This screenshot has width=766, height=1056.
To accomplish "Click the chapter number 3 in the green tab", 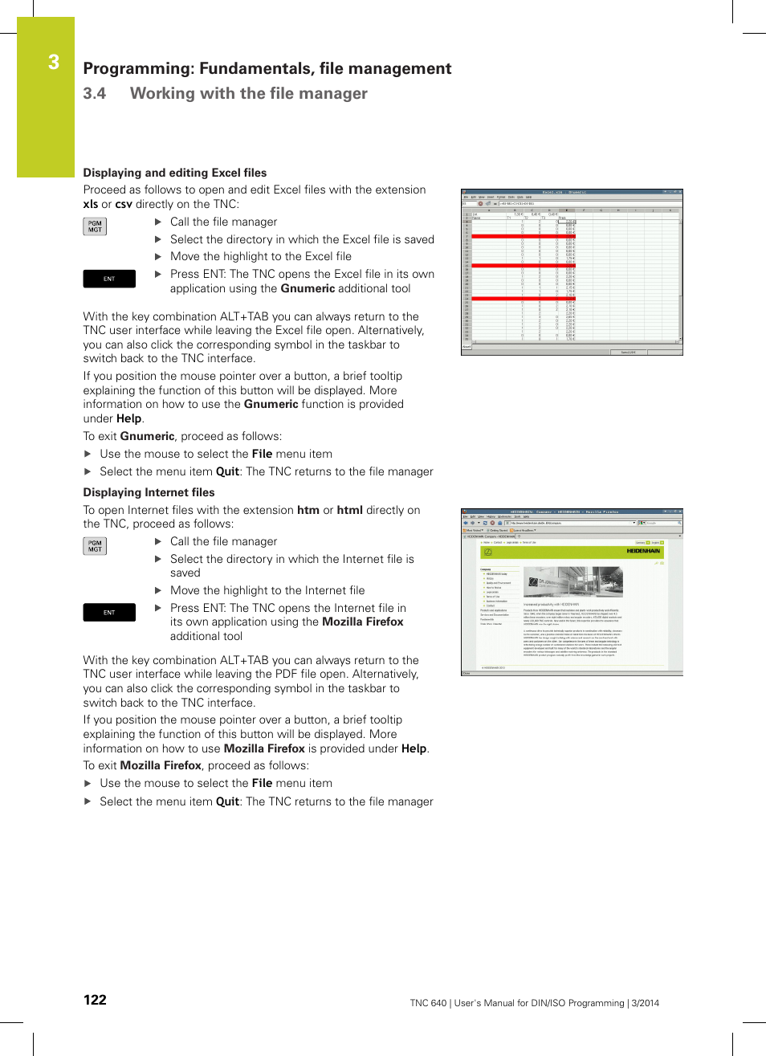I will click(53, 62).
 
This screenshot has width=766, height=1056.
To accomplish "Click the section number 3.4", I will click(94, 93).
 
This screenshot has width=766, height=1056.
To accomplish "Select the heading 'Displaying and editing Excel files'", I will click(174, 173).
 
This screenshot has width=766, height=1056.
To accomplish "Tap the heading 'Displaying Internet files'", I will click(149, 492).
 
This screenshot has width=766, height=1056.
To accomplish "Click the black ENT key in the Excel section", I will click(109, 279).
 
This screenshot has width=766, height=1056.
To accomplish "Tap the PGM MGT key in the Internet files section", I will click(95, 546).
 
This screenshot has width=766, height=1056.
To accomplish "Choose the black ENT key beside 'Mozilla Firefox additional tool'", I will click(109, 613).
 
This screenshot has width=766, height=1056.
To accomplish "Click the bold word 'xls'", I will click(90, 204).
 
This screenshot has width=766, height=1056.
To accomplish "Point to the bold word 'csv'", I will click(123, 204).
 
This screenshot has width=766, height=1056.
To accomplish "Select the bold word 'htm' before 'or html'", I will click(308, 510).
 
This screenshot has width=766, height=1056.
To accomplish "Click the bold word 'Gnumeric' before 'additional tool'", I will click(308, 288).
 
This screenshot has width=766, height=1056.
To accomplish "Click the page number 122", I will click(95, 1000).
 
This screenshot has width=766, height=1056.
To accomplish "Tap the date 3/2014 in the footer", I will click(645, 1003).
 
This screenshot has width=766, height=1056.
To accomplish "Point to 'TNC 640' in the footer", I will click(428, 1003).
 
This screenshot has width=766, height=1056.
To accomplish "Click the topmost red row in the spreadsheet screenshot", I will click(523, 237).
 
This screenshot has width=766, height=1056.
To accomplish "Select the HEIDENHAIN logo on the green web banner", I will click(643, 551).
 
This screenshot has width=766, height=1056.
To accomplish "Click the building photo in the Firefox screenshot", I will click(572, 582).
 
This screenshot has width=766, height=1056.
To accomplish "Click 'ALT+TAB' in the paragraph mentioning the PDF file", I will click(244, 660).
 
